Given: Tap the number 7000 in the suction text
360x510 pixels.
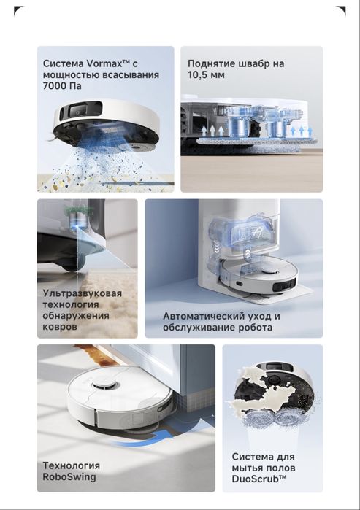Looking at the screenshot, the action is point(54,86).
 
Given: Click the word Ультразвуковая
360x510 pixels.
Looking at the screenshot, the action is point(82,293).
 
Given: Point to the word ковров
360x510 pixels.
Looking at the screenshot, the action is point(60,326).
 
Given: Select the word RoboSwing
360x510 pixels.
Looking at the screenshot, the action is point(69,477).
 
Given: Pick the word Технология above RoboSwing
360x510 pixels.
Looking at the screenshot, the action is point(72,465).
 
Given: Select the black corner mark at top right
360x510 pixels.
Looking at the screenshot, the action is point(342,10).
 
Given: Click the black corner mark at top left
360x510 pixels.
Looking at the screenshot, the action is point(18,10).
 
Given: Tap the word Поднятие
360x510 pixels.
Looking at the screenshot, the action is point(210,63).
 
